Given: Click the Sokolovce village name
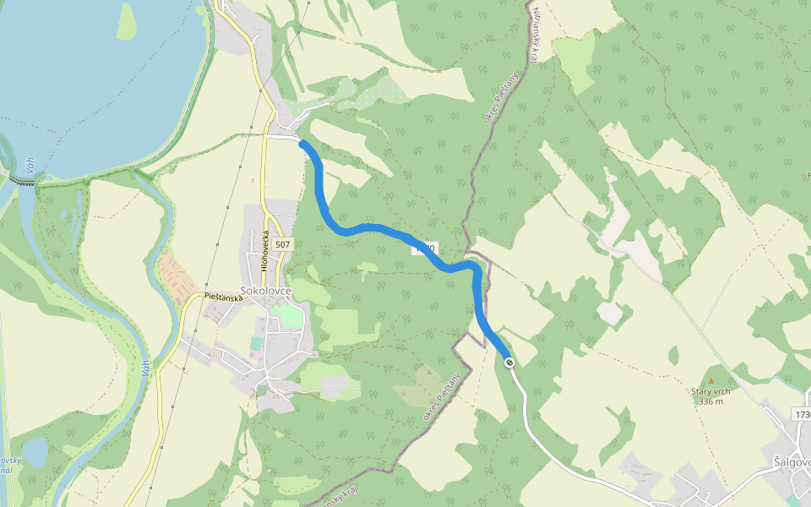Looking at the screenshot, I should coord(265,291).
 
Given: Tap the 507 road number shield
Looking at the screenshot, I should coord(282,245).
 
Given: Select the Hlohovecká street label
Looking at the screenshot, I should coord(264,250).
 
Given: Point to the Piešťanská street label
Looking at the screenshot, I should coord(224,297).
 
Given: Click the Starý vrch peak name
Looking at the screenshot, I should coord(710,391).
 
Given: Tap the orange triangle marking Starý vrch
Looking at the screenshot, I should coord(710,381).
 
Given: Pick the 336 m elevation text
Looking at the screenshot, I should coord(710,401).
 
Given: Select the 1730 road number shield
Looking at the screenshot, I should coord(803,414).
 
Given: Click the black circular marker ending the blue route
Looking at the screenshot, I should coord(509,363).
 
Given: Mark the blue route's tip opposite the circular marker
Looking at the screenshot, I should coord(303,144).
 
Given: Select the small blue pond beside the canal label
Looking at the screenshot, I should coord(35,452).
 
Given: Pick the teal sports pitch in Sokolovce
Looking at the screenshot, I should coord(256,344).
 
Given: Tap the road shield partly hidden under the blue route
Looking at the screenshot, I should coord(425,248).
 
